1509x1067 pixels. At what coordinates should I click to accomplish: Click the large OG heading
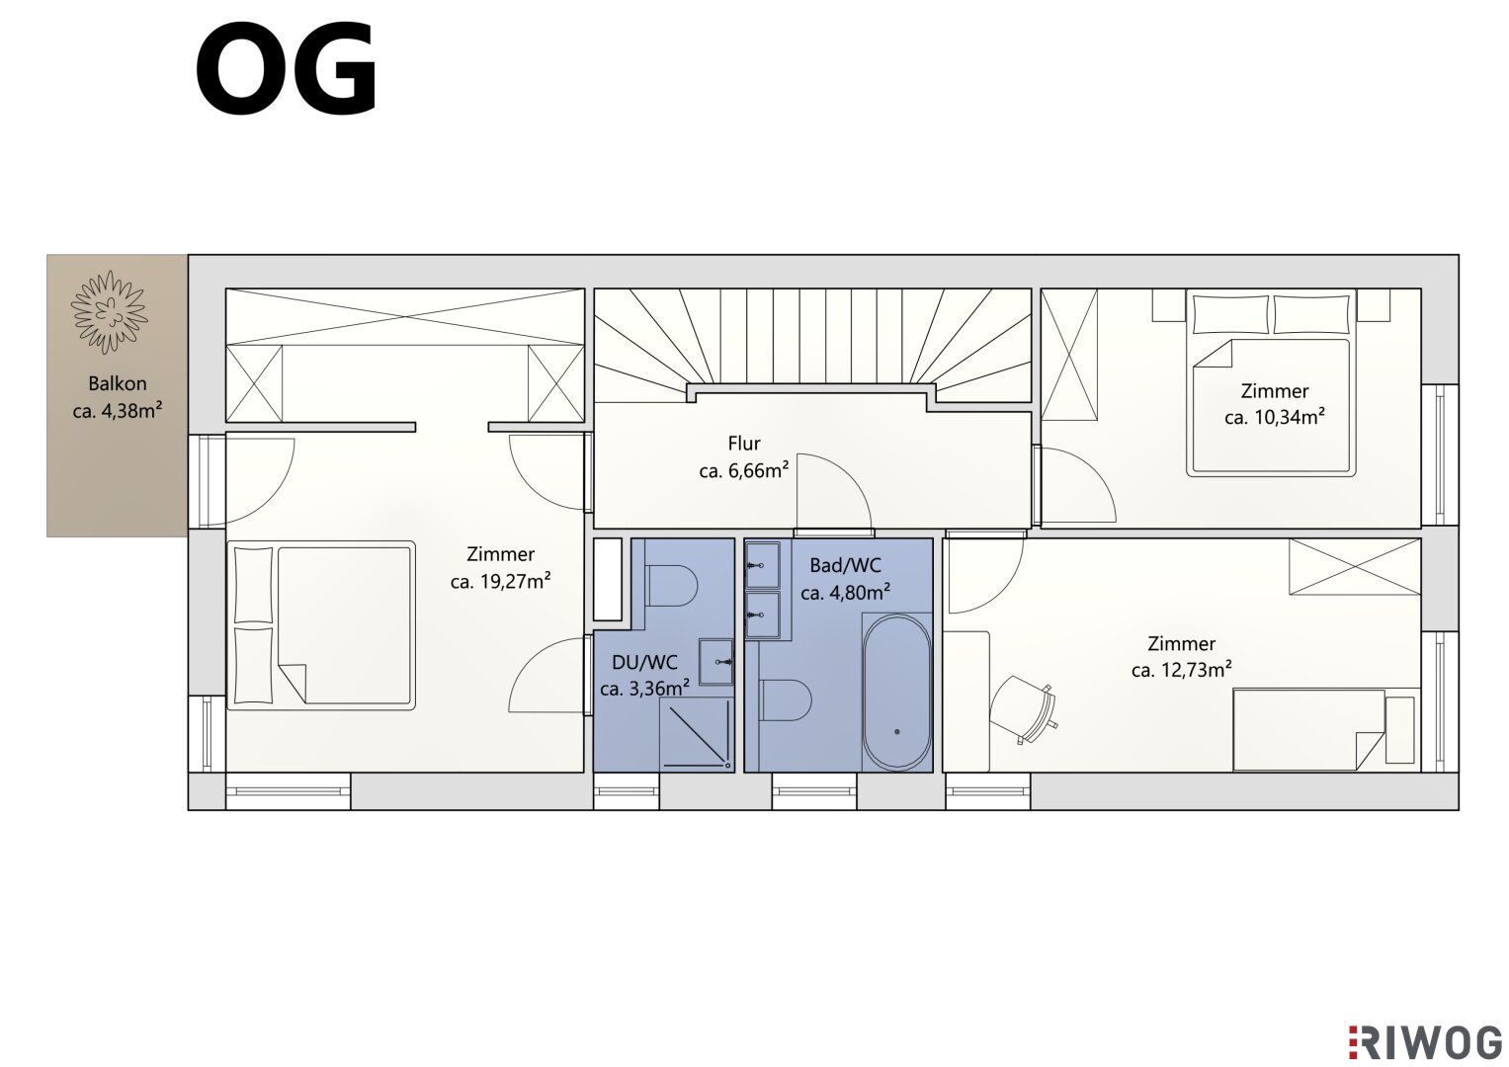tap(287, 69)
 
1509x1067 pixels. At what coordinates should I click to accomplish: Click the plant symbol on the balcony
tap(109, 312)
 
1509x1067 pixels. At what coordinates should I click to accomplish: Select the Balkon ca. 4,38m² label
tap(118, 397)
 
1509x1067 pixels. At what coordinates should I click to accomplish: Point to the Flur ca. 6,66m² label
tap(744, 456)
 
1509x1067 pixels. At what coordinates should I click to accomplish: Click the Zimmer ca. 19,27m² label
tap(501, 567)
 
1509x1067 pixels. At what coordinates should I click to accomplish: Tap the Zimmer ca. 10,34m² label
tap(1275, 404)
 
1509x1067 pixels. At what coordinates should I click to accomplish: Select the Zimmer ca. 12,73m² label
tap(1182, 657)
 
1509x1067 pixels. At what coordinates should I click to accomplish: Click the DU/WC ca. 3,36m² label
tap(644, 675)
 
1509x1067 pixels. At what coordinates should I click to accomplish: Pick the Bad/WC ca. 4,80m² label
tap(846, 579)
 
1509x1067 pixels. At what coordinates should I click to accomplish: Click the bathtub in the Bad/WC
tap(896, 692)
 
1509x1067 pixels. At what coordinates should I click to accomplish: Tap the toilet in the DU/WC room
tap(671, 585)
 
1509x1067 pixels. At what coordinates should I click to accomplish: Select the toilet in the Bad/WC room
tap(786, 699)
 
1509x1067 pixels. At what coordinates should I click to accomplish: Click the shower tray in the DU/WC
tap(697, 734)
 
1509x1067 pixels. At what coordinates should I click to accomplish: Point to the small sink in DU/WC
tap(716, 662)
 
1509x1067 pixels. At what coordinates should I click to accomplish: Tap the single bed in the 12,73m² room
tap(1326, 729)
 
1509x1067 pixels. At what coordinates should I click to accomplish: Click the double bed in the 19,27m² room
tap(320, 625)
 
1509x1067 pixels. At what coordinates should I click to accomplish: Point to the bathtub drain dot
tap(897, 731)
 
